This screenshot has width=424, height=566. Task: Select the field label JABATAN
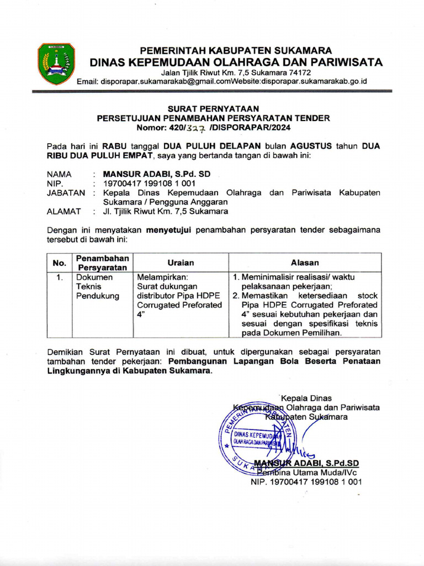point(66,193)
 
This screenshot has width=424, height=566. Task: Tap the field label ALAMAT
point(63,211)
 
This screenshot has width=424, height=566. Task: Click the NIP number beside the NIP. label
point(150,184)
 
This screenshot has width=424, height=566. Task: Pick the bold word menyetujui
point(168,229)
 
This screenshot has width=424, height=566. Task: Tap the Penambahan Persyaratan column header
point(102,263)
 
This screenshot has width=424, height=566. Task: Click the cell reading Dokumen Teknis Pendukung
point(98,286)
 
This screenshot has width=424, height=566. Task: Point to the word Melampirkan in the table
point(162,277)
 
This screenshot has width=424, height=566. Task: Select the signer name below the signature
point(306,463)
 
